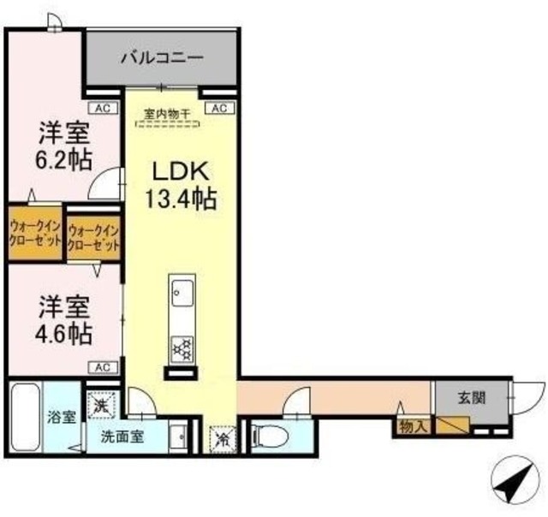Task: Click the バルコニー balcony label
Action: pyautogui.click(x=162, y=59)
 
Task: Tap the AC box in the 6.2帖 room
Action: pyautogui.click(x=102, y=108)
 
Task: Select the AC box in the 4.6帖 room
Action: pyautogui.click(x=102, y=366)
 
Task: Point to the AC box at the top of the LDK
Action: pyautogui.click(x=217, y=108)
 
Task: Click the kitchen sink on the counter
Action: pyautogui.click(x=181, y=292)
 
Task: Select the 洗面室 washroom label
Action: pyautogui.click(x=122, y=435)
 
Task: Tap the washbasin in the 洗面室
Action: pyautogui.click(x=179, y=437)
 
